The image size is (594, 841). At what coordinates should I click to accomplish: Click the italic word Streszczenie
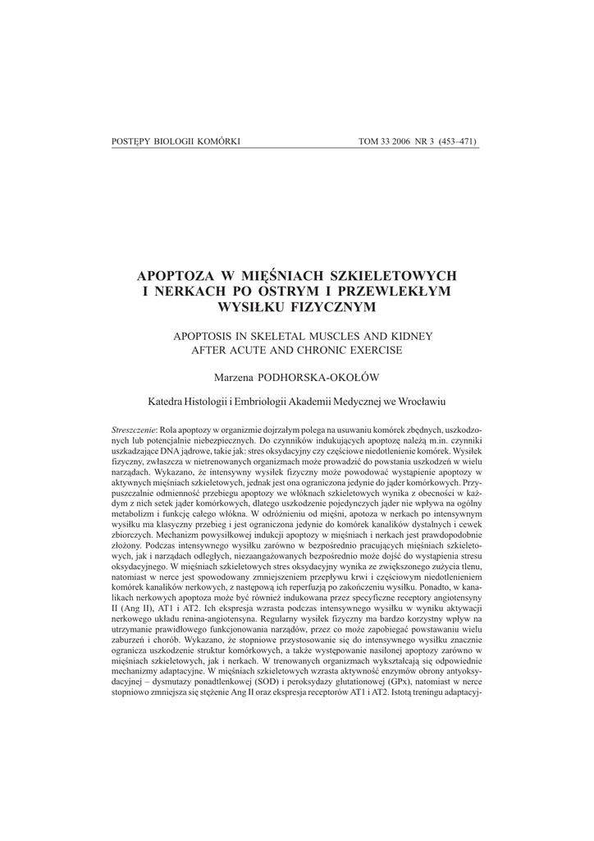click(134, 431)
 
